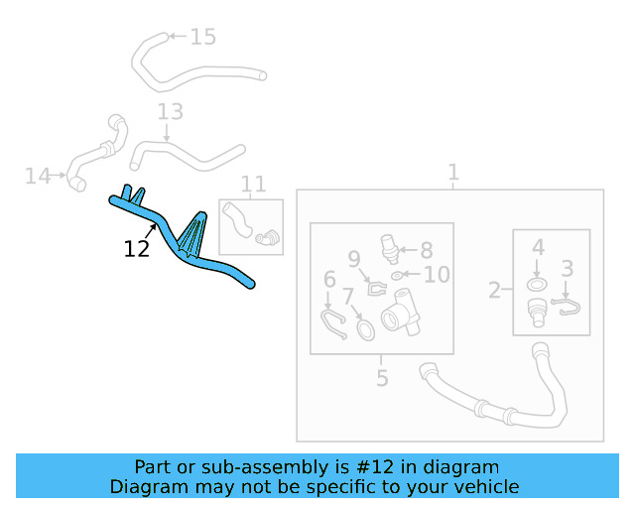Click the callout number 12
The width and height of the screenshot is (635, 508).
pos(137,249)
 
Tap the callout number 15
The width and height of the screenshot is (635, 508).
pos(202,38)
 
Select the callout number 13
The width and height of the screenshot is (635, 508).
pos(170,111)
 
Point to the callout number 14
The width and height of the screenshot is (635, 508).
pos(38,177)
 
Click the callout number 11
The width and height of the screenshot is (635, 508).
pos(253,184)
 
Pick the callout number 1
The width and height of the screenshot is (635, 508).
pos(453,174)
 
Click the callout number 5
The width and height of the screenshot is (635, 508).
pos(382,378)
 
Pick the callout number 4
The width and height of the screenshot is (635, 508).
pos(538,247)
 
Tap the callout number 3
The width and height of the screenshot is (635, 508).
pos(568,268)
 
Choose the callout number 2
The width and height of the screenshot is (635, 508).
pos(494,291)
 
